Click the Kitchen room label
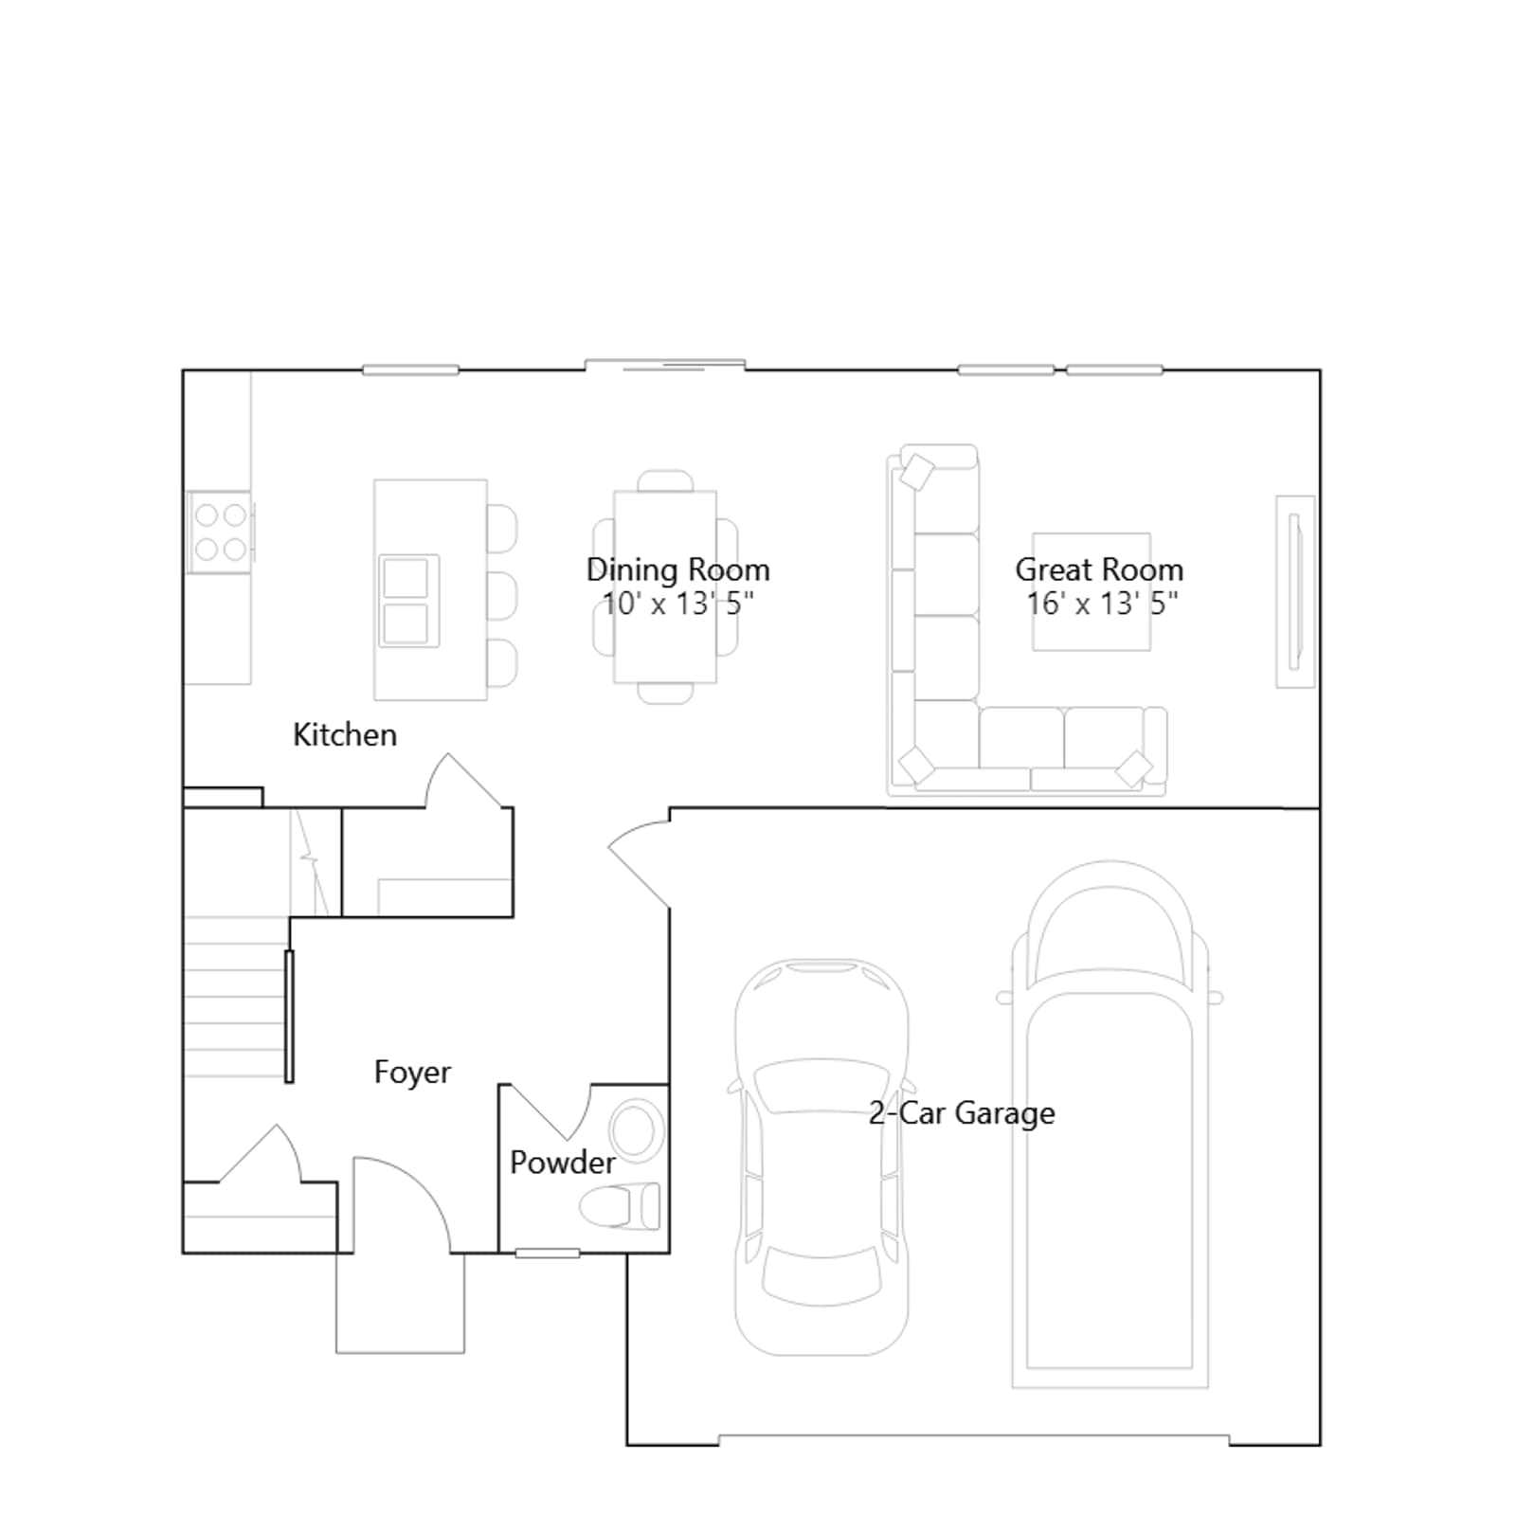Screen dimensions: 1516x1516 tap(344, 734)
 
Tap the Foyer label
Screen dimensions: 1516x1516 tap(412, 1072)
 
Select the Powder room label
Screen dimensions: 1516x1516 tap(563, 1162)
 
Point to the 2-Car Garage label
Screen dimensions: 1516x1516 tap(962, 1112)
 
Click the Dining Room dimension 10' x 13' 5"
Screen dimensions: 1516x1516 tap(678, 603)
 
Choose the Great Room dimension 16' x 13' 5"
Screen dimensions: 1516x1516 tap(1102, 603)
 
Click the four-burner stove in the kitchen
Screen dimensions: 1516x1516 tap(220, 532)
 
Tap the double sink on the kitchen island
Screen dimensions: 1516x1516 tap(408, 601)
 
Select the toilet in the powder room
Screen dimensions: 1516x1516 tap(621, 1206)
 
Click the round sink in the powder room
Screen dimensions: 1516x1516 tap(635, 1129)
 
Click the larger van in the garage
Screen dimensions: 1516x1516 tap(1110, 1124)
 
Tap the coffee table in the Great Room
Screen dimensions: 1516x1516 tap(1092, 592)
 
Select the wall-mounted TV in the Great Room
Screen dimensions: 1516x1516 tap(1295, 591)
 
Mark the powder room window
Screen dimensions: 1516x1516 tap(548, 1254)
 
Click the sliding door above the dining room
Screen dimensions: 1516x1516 tap(665, 365)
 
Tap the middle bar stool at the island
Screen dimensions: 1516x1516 tap(502, 596)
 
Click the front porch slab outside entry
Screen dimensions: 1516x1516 tap(401, 1303)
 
